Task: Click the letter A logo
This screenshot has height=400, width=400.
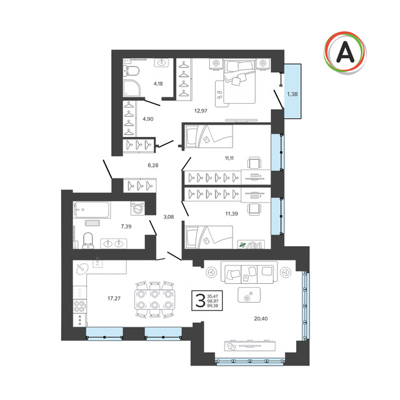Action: tap(345, 53)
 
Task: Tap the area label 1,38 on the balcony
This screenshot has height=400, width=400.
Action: tap(292, 94)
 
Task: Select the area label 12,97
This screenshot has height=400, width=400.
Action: tap(201, 111)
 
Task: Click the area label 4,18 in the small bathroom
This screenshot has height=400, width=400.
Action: tap(158, 83)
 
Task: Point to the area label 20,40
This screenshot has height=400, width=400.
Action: tap(261, 319)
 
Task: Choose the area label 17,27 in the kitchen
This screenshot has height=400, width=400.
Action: tap(114, 298)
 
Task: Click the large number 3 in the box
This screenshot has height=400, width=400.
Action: tap(200, 301)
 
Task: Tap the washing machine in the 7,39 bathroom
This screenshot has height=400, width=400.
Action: tap(138, 208)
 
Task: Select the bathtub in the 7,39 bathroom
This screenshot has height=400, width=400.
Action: tap(92, 210)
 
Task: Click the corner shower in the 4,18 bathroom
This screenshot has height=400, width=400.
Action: tap(131, 88)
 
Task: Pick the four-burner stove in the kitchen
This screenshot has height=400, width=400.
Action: tap(80, 306)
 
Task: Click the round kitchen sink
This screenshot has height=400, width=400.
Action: tap(82, 269)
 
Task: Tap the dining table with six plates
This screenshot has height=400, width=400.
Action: tap(155, 299)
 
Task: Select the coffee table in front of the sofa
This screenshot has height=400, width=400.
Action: tap(249, 295)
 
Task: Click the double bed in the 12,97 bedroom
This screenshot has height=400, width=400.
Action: tap(239, 81)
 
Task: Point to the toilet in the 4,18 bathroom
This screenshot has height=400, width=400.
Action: tap(131, 71)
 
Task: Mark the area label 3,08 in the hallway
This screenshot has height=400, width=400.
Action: tap(168, 217)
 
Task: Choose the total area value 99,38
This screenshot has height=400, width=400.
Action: tap(213, 306)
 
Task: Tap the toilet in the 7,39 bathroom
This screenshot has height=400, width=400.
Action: tap(88, 240)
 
